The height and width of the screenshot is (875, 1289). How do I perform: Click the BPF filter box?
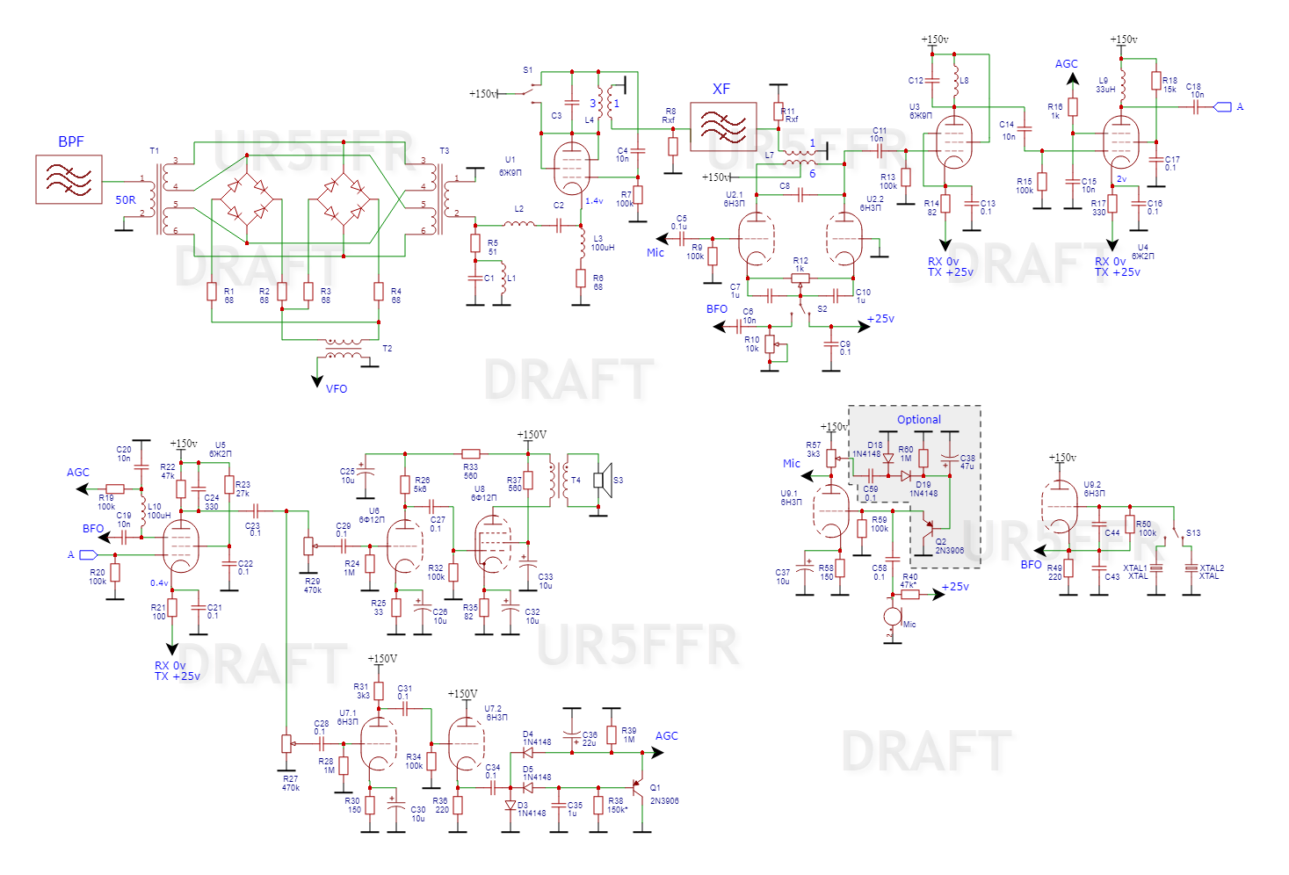(69, 179)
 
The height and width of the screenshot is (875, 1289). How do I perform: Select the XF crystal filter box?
(722, 127)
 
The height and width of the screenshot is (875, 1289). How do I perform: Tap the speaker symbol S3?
(602, 480)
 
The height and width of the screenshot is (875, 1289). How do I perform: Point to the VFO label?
(337, 388)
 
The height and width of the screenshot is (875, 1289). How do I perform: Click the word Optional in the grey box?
(918, 420)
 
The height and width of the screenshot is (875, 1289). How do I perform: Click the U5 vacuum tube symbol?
(181, 546)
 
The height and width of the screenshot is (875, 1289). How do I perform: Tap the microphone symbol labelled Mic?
(893, 617)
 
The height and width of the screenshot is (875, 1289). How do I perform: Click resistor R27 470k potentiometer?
(286, 743)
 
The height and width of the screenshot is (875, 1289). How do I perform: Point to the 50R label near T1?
(126, 199)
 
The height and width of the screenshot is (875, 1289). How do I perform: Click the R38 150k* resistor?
(598, 805)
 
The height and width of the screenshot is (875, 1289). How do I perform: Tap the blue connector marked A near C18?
(1223, 107)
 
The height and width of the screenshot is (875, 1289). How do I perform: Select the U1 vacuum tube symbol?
(571, 168)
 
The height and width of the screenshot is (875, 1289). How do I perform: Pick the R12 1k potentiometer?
(800, 278)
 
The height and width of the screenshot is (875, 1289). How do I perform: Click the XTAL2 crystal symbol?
(1191, 568)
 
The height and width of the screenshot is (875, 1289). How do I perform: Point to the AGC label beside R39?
(666, 735)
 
